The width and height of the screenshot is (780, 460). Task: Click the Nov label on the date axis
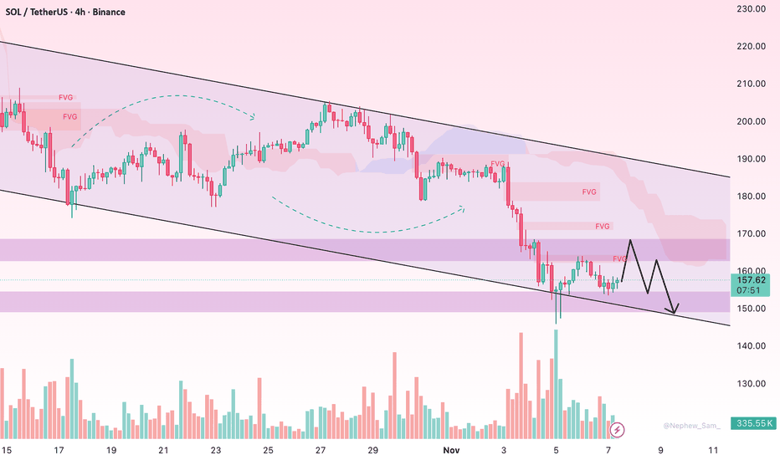[452, 450]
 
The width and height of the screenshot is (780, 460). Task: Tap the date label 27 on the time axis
[321, 450]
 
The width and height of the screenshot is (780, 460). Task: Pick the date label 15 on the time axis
[7, 450]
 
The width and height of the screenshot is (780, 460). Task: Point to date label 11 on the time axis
[712, 450]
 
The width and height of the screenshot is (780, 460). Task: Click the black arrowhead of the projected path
[675, 309]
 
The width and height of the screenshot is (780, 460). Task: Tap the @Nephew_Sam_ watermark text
[691, 426]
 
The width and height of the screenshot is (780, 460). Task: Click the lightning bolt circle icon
[618, 429]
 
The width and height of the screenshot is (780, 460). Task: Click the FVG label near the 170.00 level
[603, 226]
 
